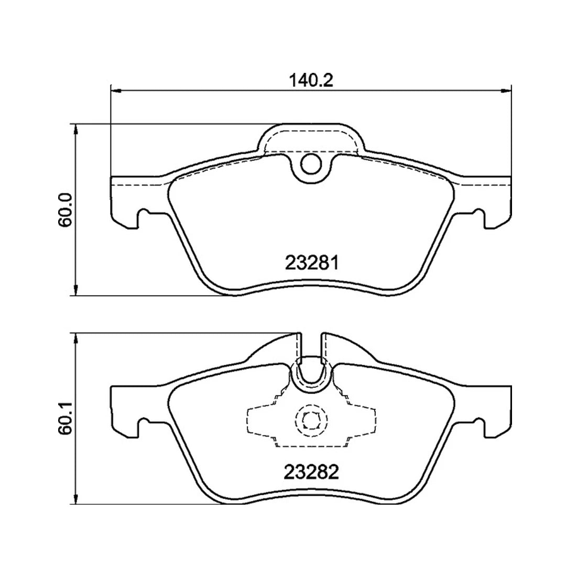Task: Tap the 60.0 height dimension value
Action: pos(65,210)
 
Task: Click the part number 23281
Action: pos(311,262)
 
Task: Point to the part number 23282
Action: pos(311,472)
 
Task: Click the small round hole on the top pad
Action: pos(311,165)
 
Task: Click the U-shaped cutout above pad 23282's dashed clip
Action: pos(311,375)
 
